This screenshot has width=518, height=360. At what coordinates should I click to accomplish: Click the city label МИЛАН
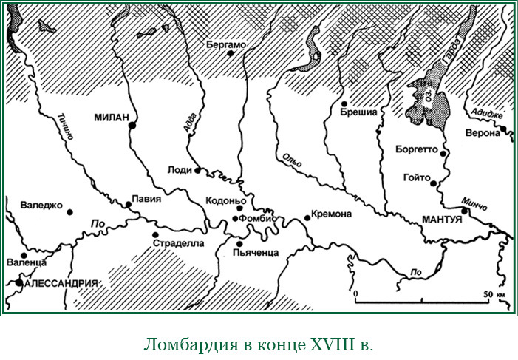click(112, 117)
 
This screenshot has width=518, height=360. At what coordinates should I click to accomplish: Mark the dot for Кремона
click(307, 217)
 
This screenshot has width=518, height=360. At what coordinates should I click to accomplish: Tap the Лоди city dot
click(197, 170)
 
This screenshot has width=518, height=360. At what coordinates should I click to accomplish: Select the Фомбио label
click(258, 218)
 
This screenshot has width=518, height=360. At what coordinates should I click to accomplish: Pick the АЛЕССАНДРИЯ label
click(61, 283)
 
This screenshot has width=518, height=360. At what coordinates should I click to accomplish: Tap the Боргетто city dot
click(443, 152)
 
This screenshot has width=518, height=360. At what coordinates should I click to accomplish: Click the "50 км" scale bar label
click(493, 294)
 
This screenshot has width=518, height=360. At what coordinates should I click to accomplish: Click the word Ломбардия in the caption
click(183, 344)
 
